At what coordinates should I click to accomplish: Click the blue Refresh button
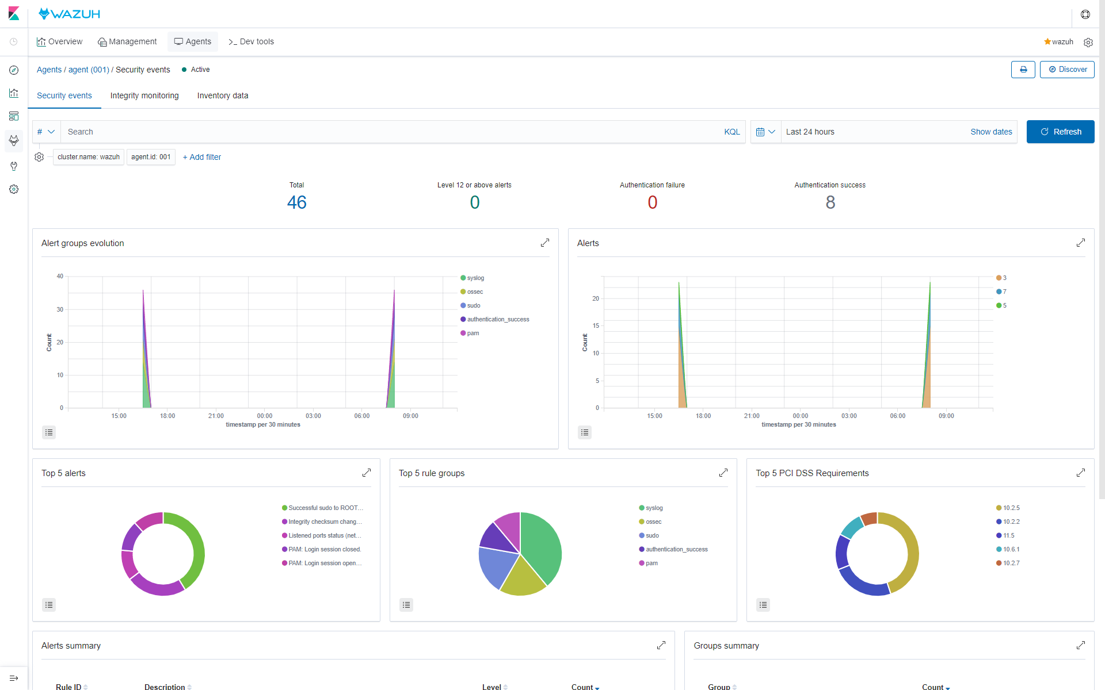[x=1060, y=132]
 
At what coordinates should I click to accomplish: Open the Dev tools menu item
[x=251, y=41]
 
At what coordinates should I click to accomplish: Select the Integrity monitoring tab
[x=144, y=95]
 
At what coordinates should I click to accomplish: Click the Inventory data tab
[x=223, y=95]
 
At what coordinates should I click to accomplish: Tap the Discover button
[x=1067, y=70]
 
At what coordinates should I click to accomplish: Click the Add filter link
[x=202, y=157]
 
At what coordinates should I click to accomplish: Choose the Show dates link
[x=991, y=132]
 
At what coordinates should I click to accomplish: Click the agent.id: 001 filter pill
[x=151, y=157]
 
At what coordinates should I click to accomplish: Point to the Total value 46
[x=296, y=202]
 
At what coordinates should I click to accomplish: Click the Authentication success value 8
[x=830, y=202]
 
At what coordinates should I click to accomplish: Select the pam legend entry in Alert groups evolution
[x=473, y=333]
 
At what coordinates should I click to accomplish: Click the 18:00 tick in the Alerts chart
[x=703, y=416]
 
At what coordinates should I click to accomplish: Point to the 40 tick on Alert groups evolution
[x=60, y=277]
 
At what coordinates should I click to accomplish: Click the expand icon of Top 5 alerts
[x=367, y=473]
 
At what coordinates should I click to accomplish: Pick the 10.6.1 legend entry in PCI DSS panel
[x=1011, y=549]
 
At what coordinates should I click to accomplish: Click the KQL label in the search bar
[x=732, y=132]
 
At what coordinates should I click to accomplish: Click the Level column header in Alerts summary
[x=491, y=687]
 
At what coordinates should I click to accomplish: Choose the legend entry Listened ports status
[x=324, y=535]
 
